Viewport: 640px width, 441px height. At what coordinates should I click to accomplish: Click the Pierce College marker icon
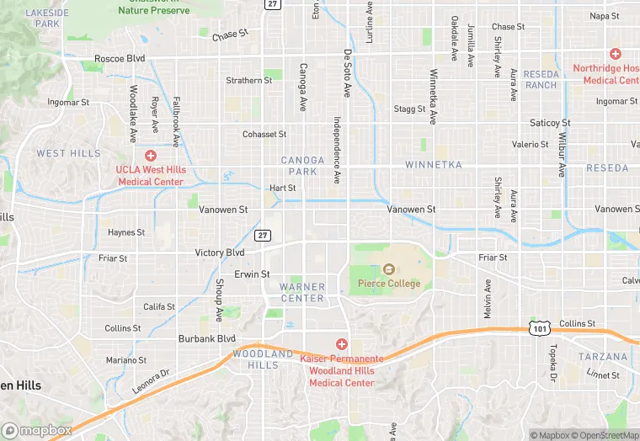pos(389,269)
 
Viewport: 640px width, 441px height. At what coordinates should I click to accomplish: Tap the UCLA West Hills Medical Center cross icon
pos(151,155)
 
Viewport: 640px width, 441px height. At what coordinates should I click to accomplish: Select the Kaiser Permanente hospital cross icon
pos(342,343)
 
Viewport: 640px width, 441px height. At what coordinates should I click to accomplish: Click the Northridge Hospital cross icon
pos(616,54)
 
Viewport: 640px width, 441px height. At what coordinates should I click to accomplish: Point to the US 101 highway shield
pos(536,327)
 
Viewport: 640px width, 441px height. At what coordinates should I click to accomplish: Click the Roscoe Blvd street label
pos(120,58)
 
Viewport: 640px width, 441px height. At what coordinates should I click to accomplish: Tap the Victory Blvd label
pos(219,252)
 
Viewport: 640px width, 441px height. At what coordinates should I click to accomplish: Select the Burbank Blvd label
pos(206,338)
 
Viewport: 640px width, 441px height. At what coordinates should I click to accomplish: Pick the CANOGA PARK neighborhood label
pos(301,165)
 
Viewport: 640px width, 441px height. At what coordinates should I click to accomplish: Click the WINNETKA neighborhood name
pos(433,165)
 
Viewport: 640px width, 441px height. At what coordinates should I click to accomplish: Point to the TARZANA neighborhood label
pos(603,357)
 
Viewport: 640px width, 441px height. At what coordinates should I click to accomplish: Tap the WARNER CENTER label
pos(301,293)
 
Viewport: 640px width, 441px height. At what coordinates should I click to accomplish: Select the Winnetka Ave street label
pos(434,97)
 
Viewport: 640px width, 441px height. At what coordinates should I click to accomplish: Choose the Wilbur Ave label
pos(560,153)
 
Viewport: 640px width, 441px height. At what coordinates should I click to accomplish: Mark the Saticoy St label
pos(550,123)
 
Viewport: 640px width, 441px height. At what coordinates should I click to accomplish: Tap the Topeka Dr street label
pos(553,364)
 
